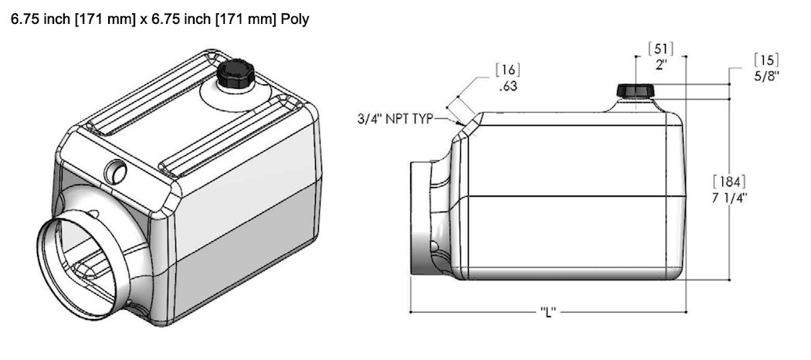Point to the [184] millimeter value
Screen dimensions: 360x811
729,182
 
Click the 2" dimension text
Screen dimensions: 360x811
660,65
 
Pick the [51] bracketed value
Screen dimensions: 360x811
660,50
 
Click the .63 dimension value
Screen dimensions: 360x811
507,87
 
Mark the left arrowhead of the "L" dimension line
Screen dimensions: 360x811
412,312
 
